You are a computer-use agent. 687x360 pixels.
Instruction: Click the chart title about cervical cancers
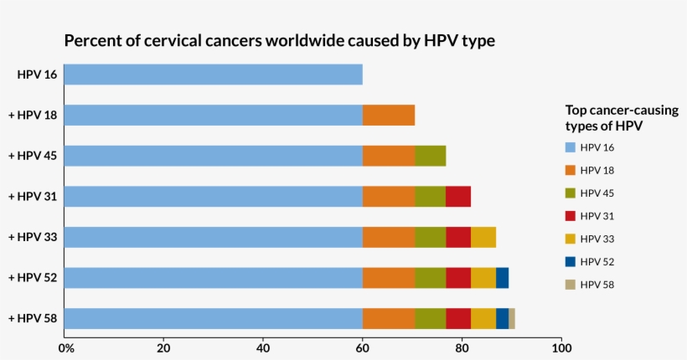tap(279, 40)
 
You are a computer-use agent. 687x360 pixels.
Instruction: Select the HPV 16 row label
tap(37, 75)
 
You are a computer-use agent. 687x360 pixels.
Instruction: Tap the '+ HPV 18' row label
tap(33, 115)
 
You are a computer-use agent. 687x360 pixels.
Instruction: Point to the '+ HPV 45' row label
tap(33, 156)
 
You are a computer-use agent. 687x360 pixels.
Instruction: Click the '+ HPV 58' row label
tap(33, 318)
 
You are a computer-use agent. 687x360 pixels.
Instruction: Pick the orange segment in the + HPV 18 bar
tap(389, 115)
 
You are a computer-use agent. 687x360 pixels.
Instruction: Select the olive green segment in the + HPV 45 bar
tap(430, 156)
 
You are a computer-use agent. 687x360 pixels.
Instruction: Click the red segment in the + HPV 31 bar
tap(458, 196)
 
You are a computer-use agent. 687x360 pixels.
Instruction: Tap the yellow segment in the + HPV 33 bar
tap(483, 237)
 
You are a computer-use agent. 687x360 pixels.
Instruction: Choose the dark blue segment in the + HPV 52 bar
tap(502, 277)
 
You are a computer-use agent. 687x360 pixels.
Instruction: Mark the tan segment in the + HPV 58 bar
tap(511, 318)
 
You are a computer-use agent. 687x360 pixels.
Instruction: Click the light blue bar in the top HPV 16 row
tap(213, 75)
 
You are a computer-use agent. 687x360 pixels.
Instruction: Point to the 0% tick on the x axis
tap(65, 347)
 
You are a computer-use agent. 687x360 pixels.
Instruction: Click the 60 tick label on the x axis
tap(362, 347)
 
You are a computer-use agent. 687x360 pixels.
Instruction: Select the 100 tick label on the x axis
tap(561, 347)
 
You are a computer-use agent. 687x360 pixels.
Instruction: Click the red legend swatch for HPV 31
tap(571, 215)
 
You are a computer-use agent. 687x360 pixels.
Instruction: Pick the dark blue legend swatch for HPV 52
tap(571, 261)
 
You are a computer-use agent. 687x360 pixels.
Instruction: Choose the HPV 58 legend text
tap(597, 284)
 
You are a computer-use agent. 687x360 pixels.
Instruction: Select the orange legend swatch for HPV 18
tap(571, 170)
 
